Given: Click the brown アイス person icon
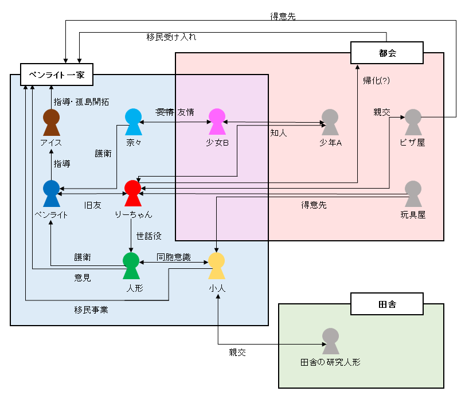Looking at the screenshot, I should [52, 123].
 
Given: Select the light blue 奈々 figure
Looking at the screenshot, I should [134, 122].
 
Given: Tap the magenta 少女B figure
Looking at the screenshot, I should [217, 122].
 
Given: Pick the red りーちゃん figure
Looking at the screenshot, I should [132, 193].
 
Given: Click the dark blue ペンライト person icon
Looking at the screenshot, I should [52, 193].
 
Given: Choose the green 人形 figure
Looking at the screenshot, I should [131, 266].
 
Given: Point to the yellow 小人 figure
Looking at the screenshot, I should [216, 266].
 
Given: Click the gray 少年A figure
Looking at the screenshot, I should [330, 122].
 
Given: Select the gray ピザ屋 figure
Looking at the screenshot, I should [413, 122].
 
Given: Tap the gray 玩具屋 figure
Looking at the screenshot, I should [413, 193].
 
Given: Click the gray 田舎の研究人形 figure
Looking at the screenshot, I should [330, 341].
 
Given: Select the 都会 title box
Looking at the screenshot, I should [388, 53].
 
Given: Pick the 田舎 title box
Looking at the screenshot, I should [387, 303].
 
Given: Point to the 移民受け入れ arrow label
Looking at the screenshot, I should [171, 37].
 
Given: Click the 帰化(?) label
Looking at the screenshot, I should [376, 80].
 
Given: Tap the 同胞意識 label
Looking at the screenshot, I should [174, 257].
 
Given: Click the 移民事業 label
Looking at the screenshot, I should [91, 310].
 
